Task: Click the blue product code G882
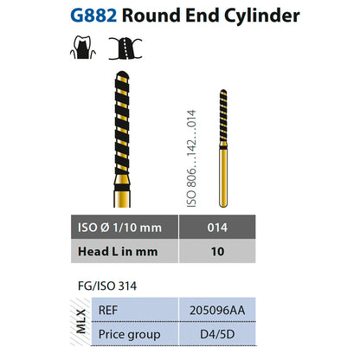(93, 16)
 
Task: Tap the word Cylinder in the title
(262, 16)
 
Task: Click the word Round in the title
(151, 16)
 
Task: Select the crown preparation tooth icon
(83, 48)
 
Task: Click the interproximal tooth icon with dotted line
(125, 48)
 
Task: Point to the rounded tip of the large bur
(122, 74)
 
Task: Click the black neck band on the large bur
(122, 188)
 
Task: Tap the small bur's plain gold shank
(223, 178)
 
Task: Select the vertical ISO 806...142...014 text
(191, 158)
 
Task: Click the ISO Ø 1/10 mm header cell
(125, 227)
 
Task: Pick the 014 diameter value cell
(217, 227)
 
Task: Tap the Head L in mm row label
(118, 252)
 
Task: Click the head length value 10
(217, 252)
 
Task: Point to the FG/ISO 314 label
(107, 286)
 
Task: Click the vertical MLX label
(81, 321)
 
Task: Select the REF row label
(108, 311)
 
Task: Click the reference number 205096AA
(217, 311)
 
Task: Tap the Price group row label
(129, 335)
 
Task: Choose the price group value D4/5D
(217, 334)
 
